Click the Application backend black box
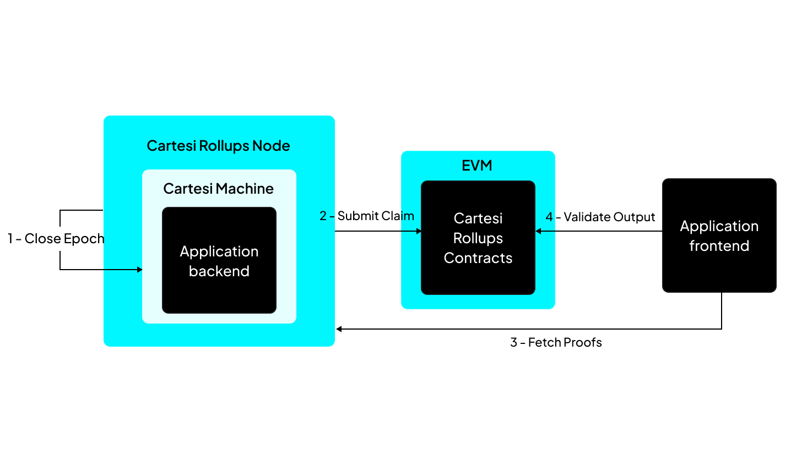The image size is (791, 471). coord(219,260)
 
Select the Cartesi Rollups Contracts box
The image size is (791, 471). coord(478,238)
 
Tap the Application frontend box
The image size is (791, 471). coord(719,235)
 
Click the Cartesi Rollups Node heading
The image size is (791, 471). coord(218,146)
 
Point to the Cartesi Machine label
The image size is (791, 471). coord(218,189)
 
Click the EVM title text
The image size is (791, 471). coord(477,166)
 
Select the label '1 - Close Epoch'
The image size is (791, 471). coord(56,239)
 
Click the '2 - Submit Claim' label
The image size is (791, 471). coord(367,216)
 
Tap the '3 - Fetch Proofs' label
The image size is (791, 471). coord(556,342)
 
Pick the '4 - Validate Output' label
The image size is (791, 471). coord(600,217)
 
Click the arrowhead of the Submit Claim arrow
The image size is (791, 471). coord(419,231)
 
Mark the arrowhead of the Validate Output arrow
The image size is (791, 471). coord(539,231)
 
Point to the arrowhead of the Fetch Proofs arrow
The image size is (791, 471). coord(339,329)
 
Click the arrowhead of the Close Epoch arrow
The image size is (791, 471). coord(139,270)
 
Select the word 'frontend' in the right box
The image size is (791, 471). coord(719,246)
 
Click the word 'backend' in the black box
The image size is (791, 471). coord(219,271)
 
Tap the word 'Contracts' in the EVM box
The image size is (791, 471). coord(478,258)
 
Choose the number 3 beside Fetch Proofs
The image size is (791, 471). coord(513,342)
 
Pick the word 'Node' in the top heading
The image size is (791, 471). coord(271,146)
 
